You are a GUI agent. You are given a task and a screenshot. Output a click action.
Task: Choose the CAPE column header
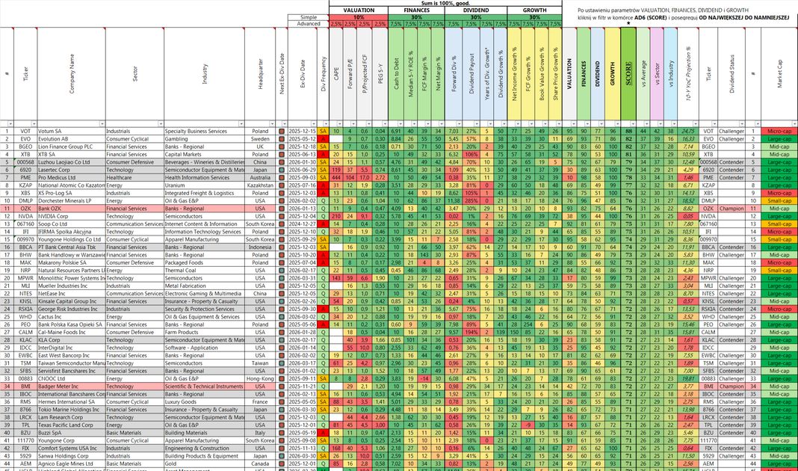[x=337, y=75]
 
